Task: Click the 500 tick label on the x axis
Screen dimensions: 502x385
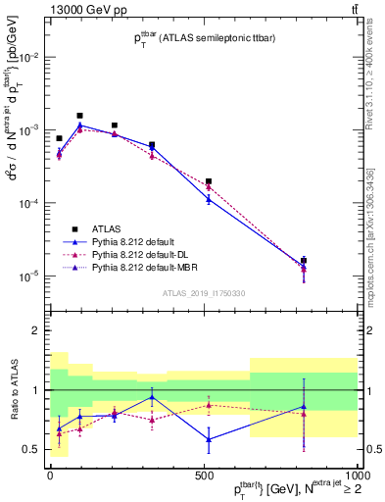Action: pyautogui.click(x=204, y=474)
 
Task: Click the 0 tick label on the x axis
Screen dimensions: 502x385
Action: pyautogui.click(x=50, y=474)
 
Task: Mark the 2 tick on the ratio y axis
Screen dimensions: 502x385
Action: pyautogui.click(x=38, y=330)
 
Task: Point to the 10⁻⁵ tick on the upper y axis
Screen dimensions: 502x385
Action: pyautogui.click(x=29, y=276)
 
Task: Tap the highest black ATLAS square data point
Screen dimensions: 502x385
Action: pyautogui.click(x=80, y=116)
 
